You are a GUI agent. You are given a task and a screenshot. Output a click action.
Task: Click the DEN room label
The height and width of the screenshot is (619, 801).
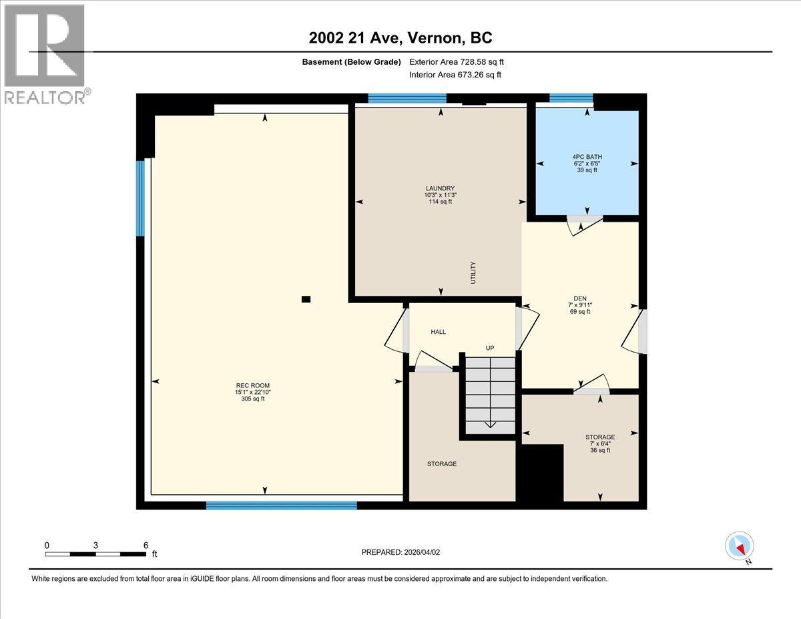click(579, 305)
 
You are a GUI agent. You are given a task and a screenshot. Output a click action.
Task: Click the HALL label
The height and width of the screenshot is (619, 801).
click(438, 332)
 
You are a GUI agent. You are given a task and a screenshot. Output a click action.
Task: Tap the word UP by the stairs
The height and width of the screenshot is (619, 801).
click(489, 348)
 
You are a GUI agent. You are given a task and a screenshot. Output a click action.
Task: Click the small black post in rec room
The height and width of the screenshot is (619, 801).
click(306, 299)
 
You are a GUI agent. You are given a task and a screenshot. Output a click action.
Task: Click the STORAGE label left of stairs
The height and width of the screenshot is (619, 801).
click(442, 463)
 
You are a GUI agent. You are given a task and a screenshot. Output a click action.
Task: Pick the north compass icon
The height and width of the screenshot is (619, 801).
click(740, 547)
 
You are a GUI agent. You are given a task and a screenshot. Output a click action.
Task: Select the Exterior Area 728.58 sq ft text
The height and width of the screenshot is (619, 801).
click(456, 61)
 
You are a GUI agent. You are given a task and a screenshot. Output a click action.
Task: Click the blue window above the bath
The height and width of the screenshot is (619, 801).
click(571, 98)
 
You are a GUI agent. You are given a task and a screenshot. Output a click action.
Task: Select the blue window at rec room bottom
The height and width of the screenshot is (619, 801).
click(281, 505)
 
